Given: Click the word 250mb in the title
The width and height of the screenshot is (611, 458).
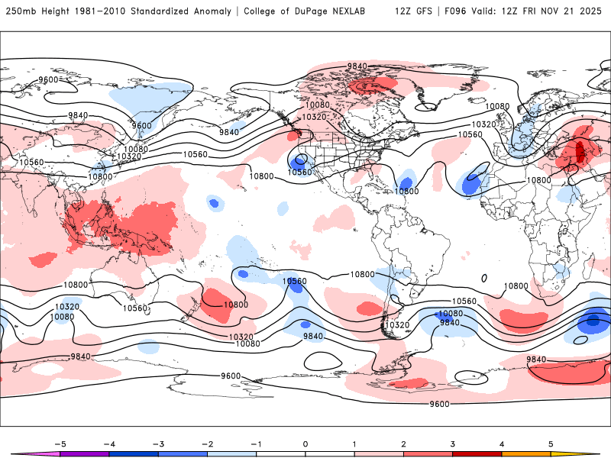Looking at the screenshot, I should [x=18, y=11].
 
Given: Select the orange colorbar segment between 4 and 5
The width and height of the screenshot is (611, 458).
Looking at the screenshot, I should [x=526, y=454].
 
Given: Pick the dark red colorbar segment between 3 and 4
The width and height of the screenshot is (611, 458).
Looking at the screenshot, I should [x=477, y=454].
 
